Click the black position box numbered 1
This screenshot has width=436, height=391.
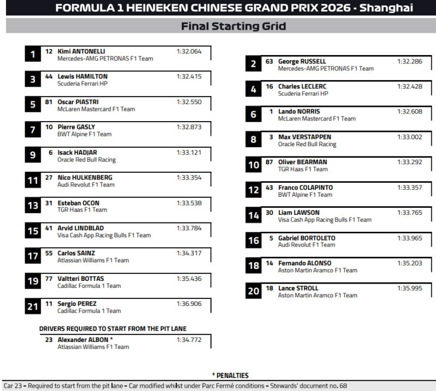pos(33,54)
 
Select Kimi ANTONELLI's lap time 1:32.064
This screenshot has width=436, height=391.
pos(189,51)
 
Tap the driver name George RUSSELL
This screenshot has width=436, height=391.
pos(302,62)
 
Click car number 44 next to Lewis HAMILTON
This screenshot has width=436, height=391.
pos(49,77)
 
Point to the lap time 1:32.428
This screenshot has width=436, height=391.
pos(409,87)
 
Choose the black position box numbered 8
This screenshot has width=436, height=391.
pos(253,140)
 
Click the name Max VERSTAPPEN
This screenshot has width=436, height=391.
pos(304,137)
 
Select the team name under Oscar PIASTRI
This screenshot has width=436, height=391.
pos(96,109)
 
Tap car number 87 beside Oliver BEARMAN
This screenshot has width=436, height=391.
pos(269,163)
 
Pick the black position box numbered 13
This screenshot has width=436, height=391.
pos(33,206)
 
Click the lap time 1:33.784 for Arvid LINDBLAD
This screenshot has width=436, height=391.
pos(189,228)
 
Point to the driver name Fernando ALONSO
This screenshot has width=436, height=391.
pos(304,263)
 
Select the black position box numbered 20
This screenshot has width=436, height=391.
pos(253,291)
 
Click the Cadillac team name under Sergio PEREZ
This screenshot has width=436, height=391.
pos(89,311)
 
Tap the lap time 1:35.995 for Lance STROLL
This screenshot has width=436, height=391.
pos(409,288)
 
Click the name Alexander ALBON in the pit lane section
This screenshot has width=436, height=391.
pos(83,339)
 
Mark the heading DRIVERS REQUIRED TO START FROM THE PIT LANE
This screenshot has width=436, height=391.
pos(113,329)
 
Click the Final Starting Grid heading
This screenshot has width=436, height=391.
pos(233,26)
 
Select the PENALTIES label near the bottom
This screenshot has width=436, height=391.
pos(230,375)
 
